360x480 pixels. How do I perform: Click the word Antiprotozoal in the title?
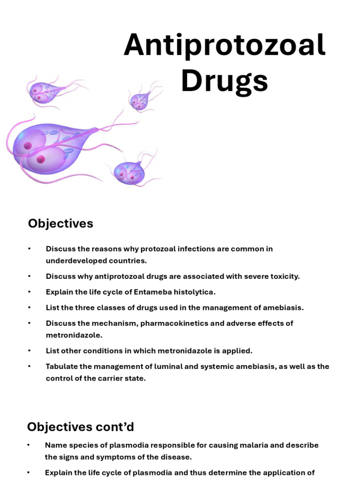(x=225, y=45)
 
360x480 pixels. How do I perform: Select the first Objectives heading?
(x=60, y=224)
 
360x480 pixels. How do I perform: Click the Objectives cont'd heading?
(x=80, y=427)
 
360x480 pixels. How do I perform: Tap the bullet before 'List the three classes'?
(x=29, y=308)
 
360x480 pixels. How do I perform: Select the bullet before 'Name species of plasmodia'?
(x=29, y=445)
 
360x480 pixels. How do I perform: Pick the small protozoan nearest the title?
(x=139, y=101)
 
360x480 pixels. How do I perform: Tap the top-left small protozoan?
(x=42, y=92)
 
